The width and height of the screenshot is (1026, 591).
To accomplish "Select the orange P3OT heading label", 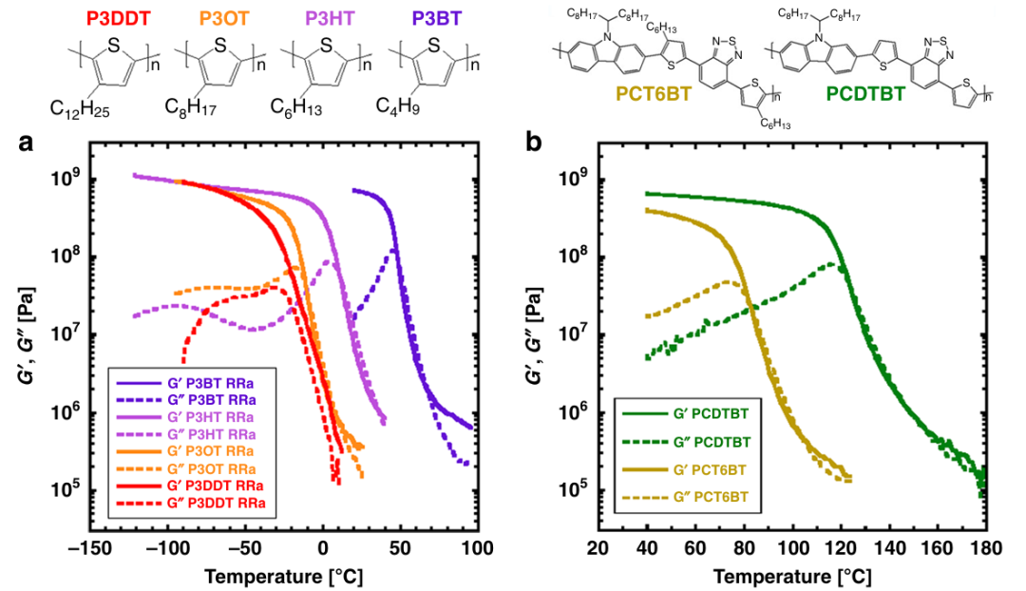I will [218, 16].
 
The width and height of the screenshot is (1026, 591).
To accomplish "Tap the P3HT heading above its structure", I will [328, 16].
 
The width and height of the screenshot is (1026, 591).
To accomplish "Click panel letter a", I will [28, 144].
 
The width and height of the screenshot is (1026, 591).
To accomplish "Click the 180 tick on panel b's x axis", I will [985, 549].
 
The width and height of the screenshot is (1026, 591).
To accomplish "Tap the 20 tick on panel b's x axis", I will [598, 549].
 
